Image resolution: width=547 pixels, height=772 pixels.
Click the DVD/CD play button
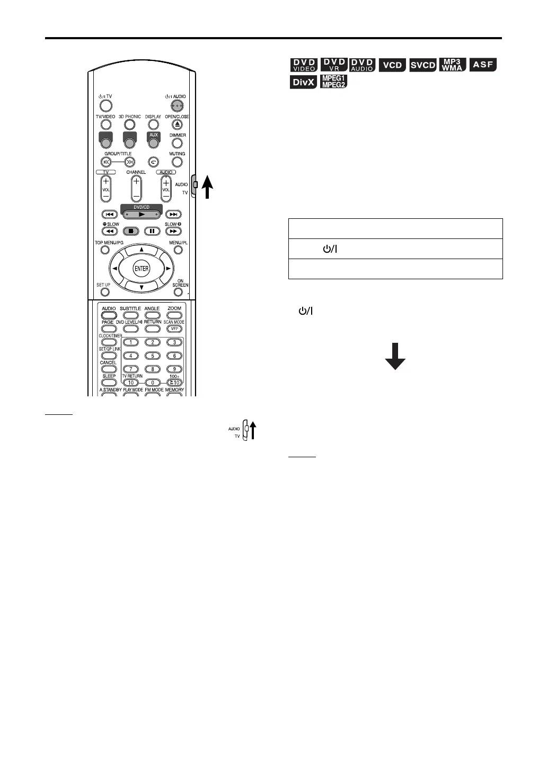click(141, 214)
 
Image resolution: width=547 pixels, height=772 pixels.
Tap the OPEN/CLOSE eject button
click(177, 125)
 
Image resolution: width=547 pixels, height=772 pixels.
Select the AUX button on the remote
click(154, 142)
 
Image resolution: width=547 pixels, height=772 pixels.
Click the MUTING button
click(177, 162)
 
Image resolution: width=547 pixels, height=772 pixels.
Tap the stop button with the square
click(130, 231)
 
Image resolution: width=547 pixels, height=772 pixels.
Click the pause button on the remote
click(152, 231)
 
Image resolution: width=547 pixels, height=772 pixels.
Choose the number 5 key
click(153, 356)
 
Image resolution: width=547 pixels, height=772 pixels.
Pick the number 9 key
click(174, 369)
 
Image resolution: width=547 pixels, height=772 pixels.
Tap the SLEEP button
click(109, 382)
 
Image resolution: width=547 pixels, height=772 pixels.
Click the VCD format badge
click(392, 65)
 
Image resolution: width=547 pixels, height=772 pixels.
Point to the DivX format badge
click(304, 82)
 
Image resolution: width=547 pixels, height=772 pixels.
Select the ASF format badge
click(483, 65)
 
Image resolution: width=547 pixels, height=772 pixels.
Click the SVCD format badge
click(422, 65)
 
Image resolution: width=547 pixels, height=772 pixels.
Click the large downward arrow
click(395, 356)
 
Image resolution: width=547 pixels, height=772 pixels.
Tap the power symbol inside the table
click(330, 249)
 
